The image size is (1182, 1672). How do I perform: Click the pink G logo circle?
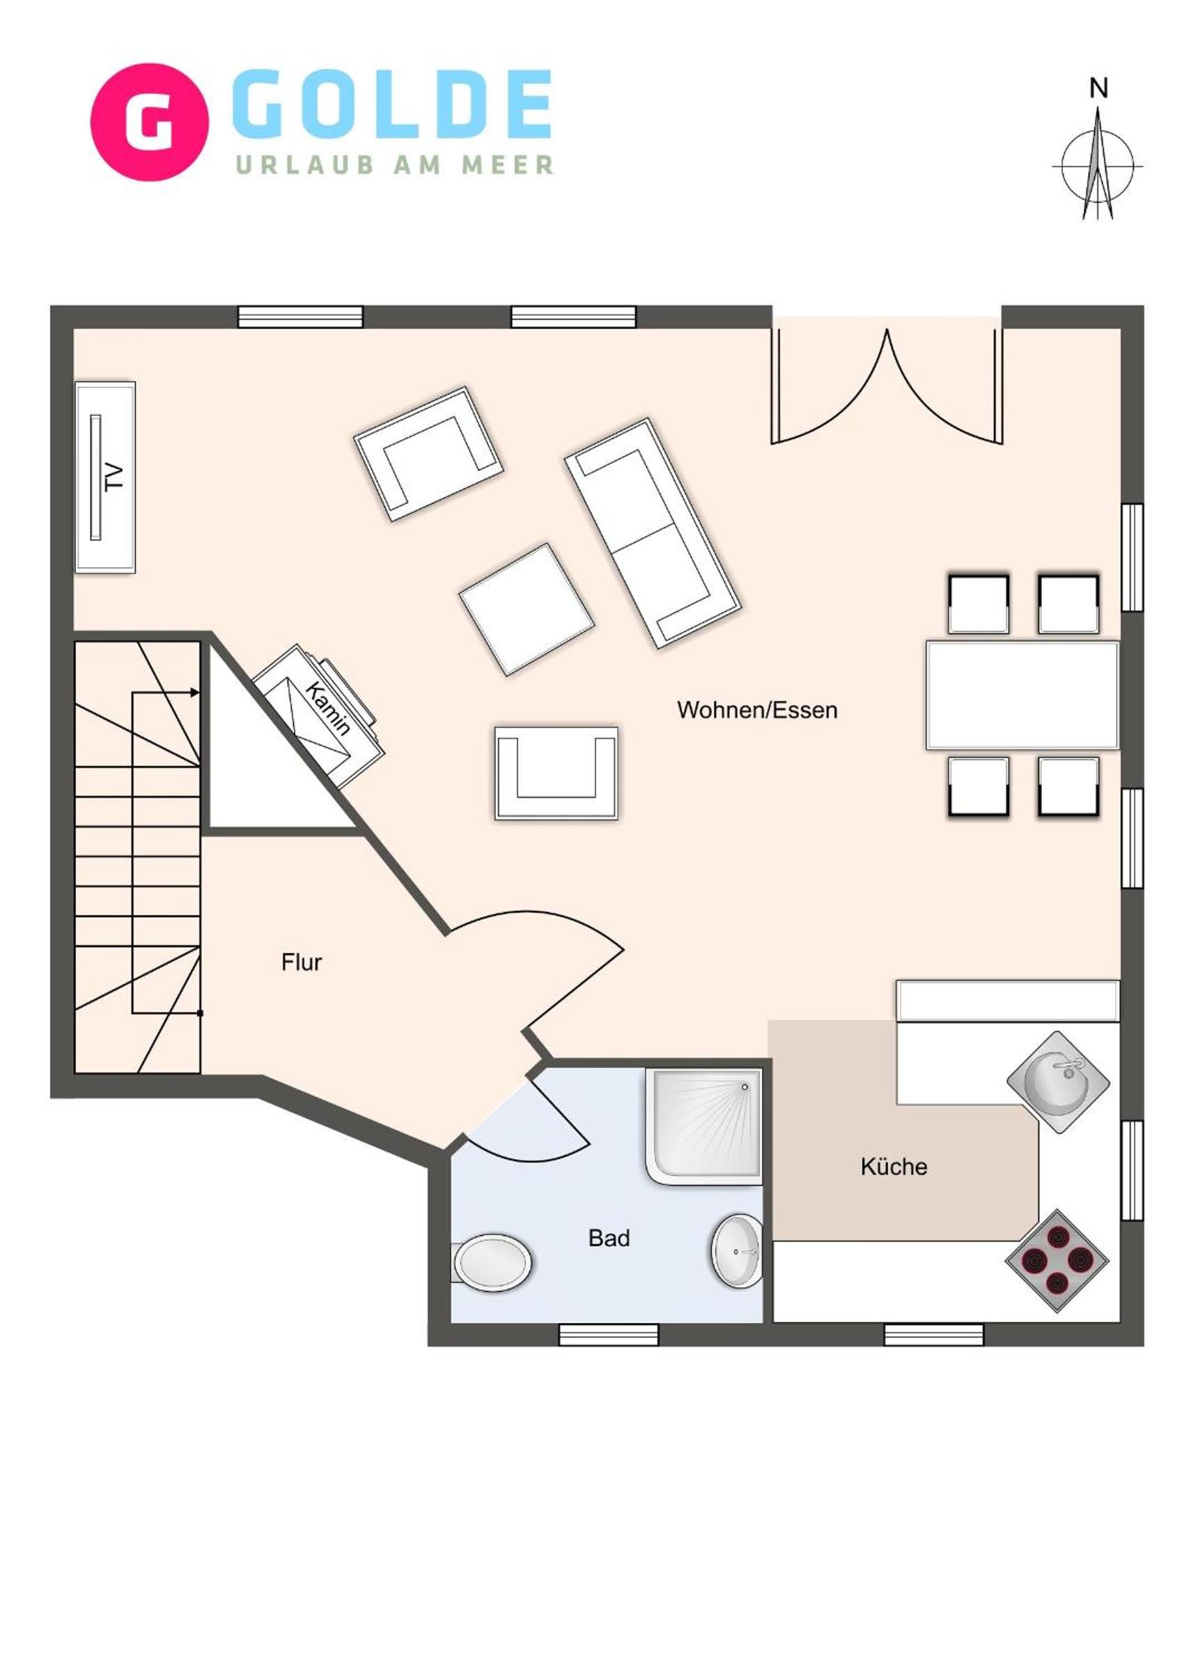pyautogui.click(x=149, y=121)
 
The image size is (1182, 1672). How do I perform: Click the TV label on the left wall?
pyautogui.click(x=114, y=477)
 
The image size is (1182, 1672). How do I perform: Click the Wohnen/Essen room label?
pyautogui.click(x=757, y=710)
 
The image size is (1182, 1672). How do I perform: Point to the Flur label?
pyautogui.click(x=302, y=962)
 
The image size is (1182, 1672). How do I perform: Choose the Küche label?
pyautogui.click(x=894, y=1167)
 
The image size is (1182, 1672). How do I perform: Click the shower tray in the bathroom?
pyautogui.click(x=703, y=1126)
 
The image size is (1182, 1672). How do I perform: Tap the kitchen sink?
pyautogui.click(x=1058, y=1082)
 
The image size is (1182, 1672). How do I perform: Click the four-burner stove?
pyautogui.click(x=1057, y=1260)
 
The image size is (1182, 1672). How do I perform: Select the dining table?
pyautogui.click(x=1022, y=695)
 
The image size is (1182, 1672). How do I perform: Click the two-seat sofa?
pyautogui.click(x=653, y=533)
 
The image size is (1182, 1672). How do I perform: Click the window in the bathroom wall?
pyautogui.click(x=609, y=1334)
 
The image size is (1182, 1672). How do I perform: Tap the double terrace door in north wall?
pyautogui.click(x=887, y=386)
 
